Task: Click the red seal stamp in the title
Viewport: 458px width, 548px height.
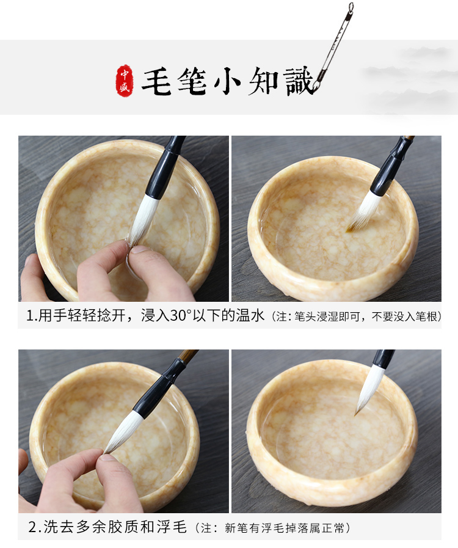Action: coord(125,81)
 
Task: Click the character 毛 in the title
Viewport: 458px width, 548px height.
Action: coord(156,81)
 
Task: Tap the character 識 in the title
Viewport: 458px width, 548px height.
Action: coord(299,81)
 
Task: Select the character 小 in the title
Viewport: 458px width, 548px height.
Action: coord(227,82)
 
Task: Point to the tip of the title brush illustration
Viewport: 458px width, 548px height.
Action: coord(314,92)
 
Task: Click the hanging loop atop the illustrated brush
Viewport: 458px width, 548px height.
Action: coord(351,6)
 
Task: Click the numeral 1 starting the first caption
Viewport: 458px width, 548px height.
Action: coord(30,316)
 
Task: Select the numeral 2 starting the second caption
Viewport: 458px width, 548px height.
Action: coord(32,527)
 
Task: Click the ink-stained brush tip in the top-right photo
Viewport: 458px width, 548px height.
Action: coord(351,229)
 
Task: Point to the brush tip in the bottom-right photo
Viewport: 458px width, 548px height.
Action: coord(356,414)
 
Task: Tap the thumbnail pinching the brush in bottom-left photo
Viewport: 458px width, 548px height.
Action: coord(107,457)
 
